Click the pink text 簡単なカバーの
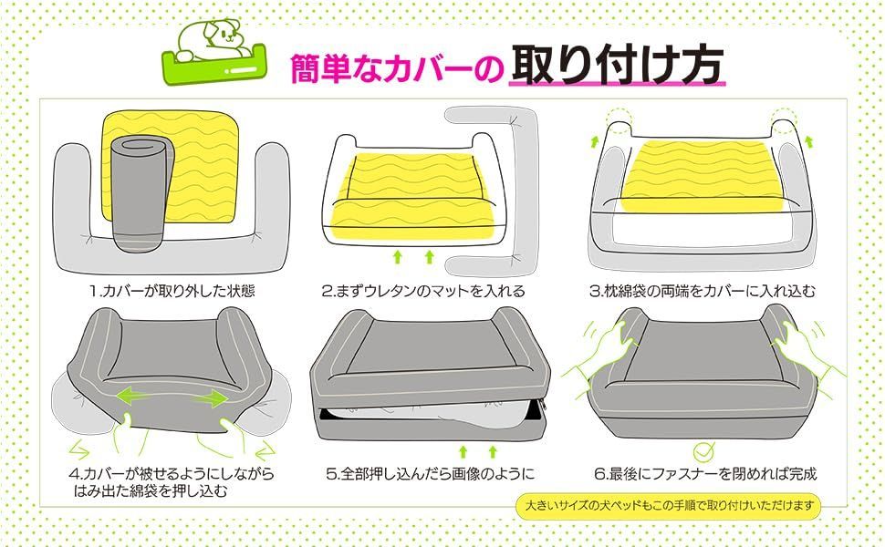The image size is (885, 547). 396,68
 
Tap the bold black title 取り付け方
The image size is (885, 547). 617,65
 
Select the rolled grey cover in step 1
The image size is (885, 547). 140,193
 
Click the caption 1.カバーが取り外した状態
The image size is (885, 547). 172,291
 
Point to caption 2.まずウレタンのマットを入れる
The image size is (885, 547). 423,291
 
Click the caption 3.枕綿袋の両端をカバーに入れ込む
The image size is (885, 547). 703,291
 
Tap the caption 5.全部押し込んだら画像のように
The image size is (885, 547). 431,473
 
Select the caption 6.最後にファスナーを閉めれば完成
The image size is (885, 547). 705,473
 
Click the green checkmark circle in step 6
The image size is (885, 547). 703,451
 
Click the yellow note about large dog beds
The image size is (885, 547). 669,505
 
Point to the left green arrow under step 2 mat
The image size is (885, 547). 398,257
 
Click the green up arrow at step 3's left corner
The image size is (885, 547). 594,141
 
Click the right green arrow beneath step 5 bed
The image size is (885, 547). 493,451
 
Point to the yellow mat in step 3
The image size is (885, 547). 703,176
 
